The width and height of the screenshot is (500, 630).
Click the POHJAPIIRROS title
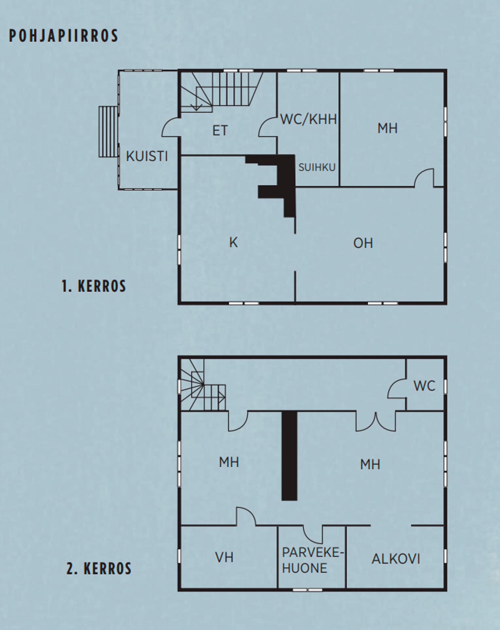point(64,36)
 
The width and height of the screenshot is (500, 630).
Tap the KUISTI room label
point(147,156)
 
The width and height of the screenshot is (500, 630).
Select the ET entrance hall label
point(220,131)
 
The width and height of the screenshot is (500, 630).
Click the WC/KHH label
point(309,119)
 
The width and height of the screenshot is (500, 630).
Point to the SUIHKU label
point(317,167)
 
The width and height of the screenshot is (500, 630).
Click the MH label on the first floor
point(387,128)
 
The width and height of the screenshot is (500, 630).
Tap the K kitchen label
point(234,243)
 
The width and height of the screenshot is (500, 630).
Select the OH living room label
point(363,243)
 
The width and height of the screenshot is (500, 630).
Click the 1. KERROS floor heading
point(93,286)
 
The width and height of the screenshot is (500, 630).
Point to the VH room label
point(224,558)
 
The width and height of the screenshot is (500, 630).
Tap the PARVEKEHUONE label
point(313,560)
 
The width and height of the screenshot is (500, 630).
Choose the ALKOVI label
point(396,559)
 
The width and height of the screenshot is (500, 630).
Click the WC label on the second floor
point(424,386)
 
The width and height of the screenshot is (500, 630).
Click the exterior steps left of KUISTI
point(108,131)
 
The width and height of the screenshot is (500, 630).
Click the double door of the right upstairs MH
point(376,422)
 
